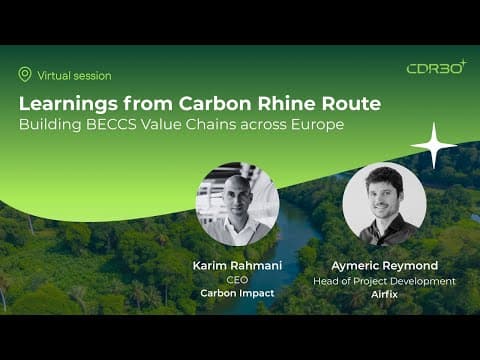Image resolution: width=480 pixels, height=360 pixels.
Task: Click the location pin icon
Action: coord(25,74)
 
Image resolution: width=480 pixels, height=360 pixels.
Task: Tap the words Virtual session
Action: coord(74,76)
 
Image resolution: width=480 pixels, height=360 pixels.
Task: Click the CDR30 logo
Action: coord(437,67)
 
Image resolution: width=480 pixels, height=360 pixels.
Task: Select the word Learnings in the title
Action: coord(68,104)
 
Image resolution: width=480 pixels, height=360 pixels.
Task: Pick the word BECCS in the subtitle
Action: coord(111,124)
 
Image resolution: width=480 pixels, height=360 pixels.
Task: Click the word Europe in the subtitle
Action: coord(317,125)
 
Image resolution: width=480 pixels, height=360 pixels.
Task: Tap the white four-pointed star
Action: coord(434,145)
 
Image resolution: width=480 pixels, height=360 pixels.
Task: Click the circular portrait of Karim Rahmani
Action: coord(238,204)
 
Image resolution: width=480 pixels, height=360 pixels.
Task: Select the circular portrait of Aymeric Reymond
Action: coord(384,204)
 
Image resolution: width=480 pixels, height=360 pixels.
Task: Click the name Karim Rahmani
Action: coord(237,266)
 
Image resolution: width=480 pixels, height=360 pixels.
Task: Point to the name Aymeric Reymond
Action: coord(385,266)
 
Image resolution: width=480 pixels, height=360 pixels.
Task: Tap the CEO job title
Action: coord(237,280)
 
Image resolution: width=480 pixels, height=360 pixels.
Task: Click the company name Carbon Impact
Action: coord(237,293)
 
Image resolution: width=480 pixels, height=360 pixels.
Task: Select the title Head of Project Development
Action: coord(384,281)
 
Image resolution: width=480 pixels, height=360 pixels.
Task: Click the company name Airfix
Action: coord(385,294)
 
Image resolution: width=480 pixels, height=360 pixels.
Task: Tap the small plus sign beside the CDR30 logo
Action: coord(464,63)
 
